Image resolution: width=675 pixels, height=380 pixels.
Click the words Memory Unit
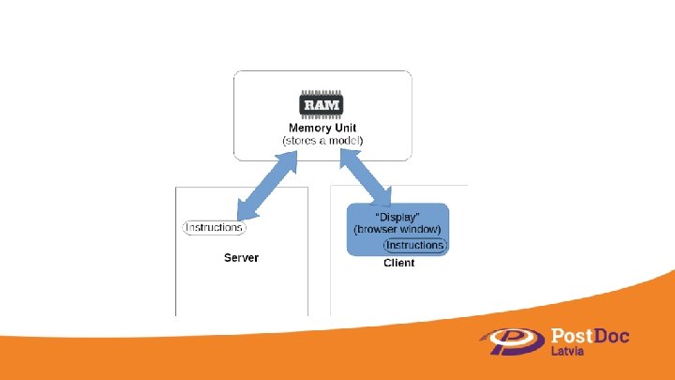pyautogui.click(x=322, y=127)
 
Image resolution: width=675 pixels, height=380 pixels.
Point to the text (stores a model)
pyautogui.click(x=322, y=140)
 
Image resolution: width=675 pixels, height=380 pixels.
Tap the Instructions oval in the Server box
pyautogui.click(x=214, y=227)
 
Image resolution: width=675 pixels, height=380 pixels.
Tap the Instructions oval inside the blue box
pyautogui.click(x=414, y=245)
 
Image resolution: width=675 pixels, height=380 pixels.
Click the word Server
pyautogui.click(x=241, y=257)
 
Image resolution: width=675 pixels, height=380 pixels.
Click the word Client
pyautogui.click(x=398, y=263)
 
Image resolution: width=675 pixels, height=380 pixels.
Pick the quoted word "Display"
pyautogui.click(x=397, y=217)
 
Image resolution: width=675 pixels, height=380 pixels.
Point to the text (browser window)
pyautogui.click(x=397, y=230)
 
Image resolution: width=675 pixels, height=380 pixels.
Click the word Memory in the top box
pyautogui.click(x=308, y=127)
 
